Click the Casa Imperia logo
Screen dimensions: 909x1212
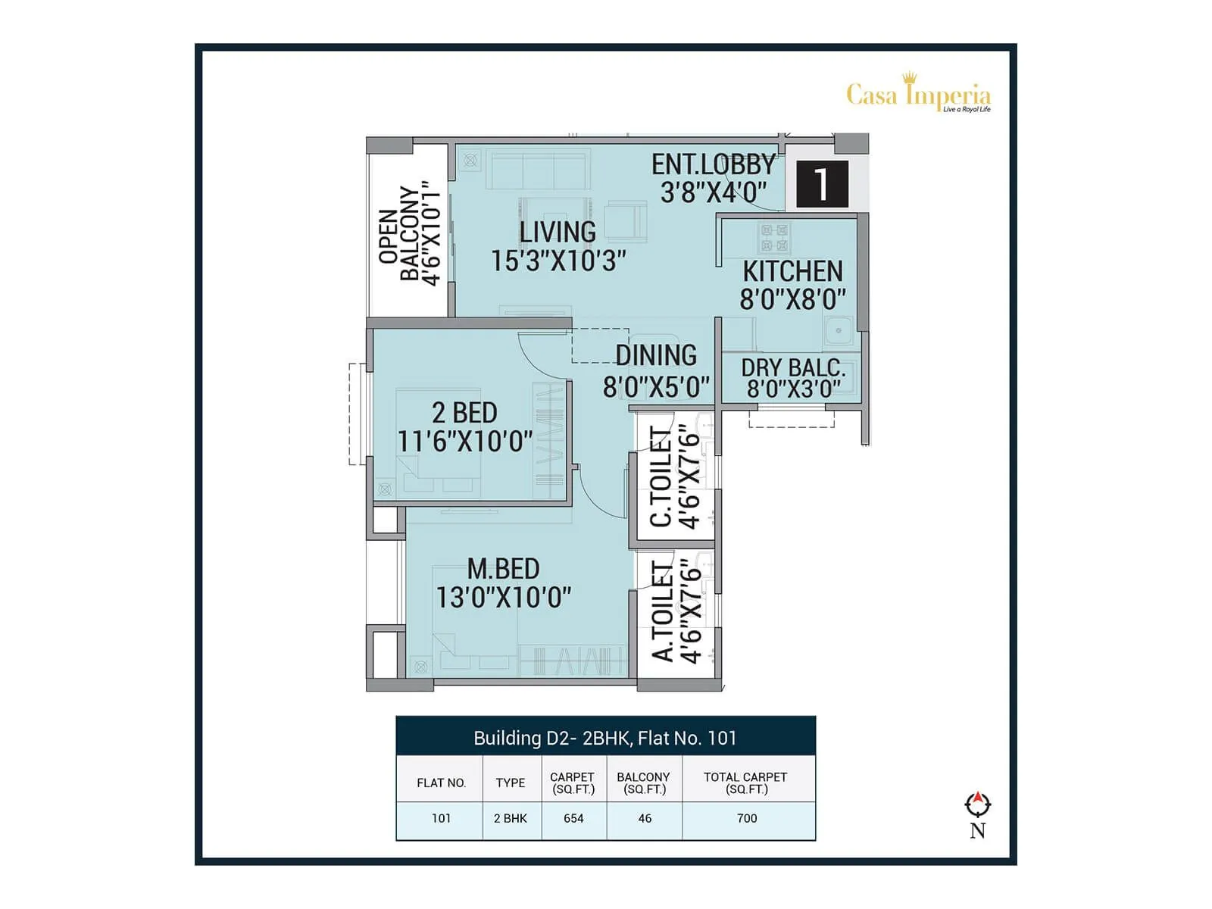pos(918,95)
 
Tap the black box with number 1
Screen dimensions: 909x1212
pos(821,184)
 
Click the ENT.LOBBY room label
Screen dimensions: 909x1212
pos(713,164)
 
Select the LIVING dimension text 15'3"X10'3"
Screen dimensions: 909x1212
pos(558,261)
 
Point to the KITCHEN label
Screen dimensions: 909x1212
pos(792,271)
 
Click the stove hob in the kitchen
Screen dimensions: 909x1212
pos(774,238)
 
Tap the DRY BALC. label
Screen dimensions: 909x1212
pos(792,368)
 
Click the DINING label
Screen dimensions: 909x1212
pos(656,355)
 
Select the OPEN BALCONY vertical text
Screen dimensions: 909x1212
pos(409,234)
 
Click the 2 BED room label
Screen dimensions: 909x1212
pos(464,413)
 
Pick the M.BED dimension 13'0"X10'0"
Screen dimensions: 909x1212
pos(503,598)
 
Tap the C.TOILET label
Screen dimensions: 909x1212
pos(661,477)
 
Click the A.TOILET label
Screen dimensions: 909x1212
pos(663,612)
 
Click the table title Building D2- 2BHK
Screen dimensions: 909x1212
pos(604,738)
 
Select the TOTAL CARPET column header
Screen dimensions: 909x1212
pos(745,782)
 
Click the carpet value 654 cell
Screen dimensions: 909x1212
pos(573,819)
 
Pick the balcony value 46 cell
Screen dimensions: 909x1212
pos(645,819)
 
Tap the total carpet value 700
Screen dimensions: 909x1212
pos(747,819)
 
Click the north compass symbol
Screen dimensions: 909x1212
pos(978,805)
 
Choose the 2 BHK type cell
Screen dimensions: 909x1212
pos(511,819)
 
